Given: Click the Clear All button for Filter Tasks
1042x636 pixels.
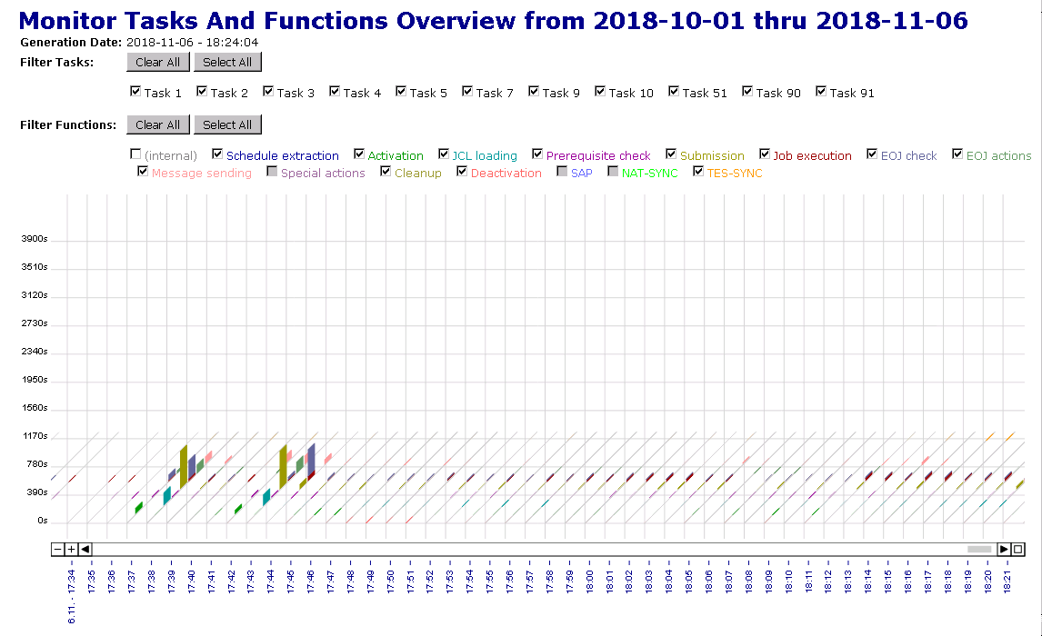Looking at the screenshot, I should click(158, 62).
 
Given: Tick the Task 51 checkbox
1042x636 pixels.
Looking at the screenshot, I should click(674, 91).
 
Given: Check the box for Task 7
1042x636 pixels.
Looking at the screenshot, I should click(467, 91).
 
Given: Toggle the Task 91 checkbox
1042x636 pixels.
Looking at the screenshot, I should click(821, 91).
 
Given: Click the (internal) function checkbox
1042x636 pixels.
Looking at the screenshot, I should click(135, 154).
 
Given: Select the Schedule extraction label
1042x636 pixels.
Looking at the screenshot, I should click(282, 155).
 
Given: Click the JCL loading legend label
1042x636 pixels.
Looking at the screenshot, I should click(484, 155).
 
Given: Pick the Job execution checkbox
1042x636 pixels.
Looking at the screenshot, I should click(765, 154).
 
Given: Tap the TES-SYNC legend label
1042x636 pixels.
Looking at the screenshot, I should click(735, 173).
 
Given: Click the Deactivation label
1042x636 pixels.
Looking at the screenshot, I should click(506, 173).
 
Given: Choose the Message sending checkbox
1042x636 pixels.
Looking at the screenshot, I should click(143, 171).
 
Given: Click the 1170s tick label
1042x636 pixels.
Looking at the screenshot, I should click(35, 436).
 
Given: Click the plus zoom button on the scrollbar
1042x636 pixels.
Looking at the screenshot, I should click(72, 549).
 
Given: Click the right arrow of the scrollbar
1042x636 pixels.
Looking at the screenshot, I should click(1004, 549).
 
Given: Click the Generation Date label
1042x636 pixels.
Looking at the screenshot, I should click(71, 42).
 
